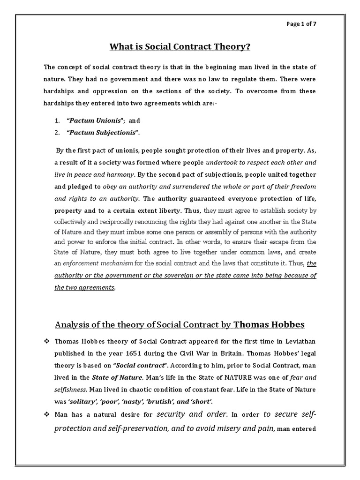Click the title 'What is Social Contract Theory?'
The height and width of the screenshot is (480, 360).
180,47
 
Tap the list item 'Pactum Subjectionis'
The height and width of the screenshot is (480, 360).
104,133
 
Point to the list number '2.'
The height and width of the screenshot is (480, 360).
57,133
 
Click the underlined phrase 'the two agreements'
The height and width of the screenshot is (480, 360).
84,287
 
